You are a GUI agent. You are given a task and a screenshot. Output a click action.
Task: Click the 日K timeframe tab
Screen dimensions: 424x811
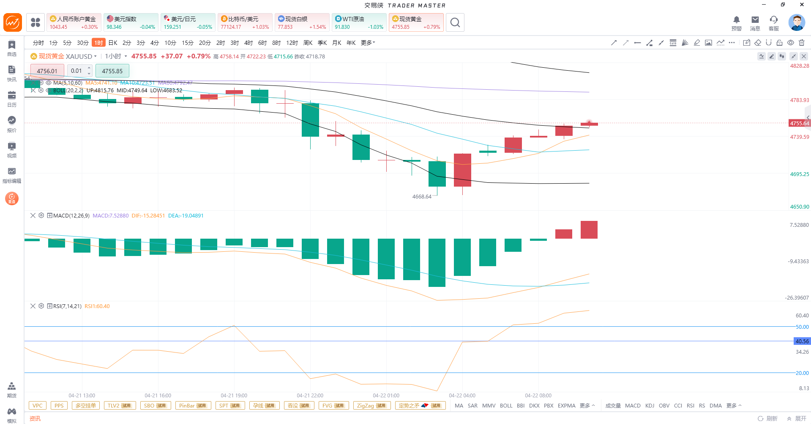click(113, 43)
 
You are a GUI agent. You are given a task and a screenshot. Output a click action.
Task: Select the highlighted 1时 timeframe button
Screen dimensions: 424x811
click(98, 43)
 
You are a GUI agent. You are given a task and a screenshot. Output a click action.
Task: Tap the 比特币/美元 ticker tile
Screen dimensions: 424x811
click(245, 22)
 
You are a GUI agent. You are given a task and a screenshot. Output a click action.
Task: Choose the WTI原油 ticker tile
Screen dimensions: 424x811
click(359, 22)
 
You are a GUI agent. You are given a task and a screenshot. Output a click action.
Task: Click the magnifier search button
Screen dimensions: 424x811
click(455, 22)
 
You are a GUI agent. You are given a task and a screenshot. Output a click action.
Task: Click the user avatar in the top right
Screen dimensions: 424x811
click(796, 22)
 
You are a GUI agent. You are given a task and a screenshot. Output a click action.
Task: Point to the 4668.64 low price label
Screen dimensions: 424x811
click(422, 197)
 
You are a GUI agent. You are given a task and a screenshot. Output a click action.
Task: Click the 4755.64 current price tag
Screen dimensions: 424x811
click(799, 124)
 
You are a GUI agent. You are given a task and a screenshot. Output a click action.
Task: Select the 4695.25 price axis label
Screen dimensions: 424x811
click(799, 174)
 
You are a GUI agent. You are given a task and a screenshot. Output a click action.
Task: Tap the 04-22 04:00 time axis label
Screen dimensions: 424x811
click(462, 396)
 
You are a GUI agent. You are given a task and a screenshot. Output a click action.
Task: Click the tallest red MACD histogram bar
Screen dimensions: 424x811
click(589, 230)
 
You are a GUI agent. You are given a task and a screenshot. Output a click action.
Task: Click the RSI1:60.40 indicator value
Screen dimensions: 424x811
click(97, 306)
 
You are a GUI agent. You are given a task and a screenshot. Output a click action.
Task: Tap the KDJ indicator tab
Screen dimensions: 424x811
click(650, 406)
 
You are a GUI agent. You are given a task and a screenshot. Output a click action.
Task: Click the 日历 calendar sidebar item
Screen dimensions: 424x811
click(12, 99)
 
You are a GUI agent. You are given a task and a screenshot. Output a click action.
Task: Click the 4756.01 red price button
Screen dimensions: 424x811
click(47, 71)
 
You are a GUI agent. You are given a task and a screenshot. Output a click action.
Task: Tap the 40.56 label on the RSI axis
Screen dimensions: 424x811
click(802, 341)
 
